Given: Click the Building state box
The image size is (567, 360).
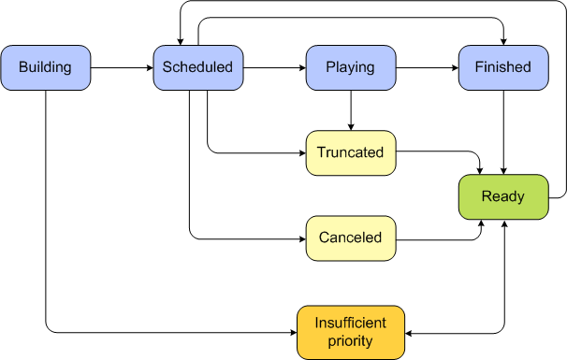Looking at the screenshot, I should pyautogui.click(x=46, y=67).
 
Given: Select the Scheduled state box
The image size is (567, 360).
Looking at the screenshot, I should pyautogui.click(x=197, y=67).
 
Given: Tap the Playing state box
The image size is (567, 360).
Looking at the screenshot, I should pyautogui.click(x=350, y=67).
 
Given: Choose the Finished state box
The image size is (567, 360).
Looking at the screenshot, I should pyautogui.click(x=502, y=67).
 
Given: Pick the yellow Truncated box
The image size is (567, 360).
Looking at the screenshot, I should pyautogui.click(x=350, y=152).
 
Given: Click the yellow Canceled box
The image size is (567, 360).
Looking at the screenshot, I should pyautogui.click(x=350, y=238).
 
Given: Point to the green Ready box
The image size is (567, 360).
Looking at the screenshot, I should pyautogui.click(x=502, y=196).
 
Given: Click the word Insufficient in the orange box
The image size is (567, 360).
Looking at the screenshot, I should pyautogui.click(x=351, y=324).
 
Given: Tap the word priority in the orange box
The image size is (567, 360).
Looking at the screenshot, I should pyautogui.click(x=351, y=341).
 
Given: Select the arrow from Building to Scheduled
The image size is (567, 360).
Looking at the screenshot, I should pyautogui.click(x=122, y=67).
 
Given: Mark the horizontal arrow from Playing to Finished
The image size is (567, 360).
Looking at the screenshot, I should pyautogui.click(x=426, y=67).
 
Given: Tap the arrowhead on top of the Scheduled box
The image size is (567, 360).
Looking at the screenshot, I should pyautogui.click(x=178, y=40).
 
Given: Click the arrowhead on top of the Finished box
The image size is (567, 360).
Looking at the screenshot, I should pyautogui.click(x=502, y=40).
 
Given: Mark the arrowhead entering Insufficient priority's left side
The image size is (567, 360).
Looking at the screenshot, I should pyautogui.click(x=293, y=332).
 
